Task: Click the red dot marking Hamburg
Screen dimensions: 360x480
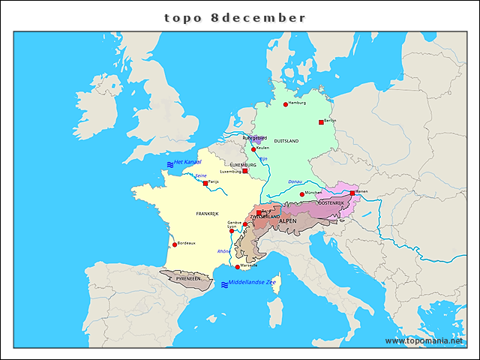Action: (x=286, y=104)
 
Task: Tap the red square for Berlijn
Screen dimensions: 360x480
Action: (x=322, y=121)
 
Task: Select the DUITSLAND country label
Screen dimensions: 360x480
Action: (x=286, y=141)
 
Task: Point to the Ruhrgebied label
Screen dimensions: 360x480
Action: (x=254, y=138)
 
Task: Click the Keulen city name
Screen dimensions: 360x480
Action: (x=262, y=148)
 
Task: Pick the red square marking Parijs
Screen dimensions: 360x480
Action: (x=205, y=183)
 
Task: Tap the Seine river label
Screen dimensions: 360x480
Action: (x=200, y=175)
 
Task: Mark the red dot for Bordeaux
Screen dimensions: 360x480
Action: (x=175, y=244)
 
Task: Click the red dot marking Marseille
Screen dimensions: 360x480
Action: (x=238, y=267)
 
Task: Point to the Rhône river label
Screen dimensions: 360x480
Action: (x=223, y=251)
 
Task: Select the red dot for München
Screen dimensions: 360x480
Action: (x=301, y=194)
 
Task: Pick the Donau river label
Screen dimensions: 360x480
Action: (x=295, y=181)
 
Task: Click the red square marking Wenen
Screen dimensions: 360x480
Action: (x=352, y=193)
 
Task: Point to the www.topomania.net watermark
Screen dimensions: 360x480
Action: (x=424, y=340)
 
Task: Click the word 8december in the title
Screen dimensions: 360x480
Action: (x=259, y=17)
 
